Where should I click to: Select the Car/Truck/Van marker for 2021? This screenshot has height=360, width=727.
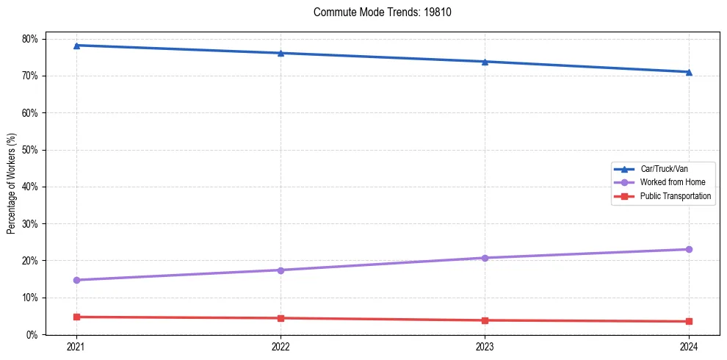coord(76,46)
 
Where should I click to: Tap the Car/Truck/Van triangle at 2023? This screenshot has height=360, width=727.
coord(485,62)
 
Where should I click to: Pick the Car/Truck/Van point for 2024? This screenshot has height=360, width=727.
coord(689,72)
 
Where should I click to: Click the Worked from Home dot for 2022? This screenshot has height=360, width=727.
coord(281,270)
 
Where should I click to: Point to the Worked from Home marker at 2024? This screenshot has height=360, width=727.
coord(689,250)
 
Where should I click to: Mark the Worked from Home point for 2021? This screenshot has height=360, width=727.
coord(76,280)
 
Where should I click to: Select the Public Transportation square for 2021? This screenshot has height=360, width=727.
coord(76,317)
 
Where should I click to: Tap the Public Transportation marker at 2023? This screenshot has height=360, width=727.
coord(485,320)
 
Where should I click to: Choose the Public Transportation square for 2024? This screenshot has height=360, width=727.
coord(689,321)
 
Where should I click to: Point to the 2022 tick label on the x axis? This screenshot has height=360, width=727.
coord(281,346)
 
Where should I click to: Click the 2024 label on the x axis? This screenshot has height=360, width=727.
coord(689,346)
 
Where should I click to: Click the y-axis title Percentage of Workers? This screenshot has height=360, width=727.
coord(12,183)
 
